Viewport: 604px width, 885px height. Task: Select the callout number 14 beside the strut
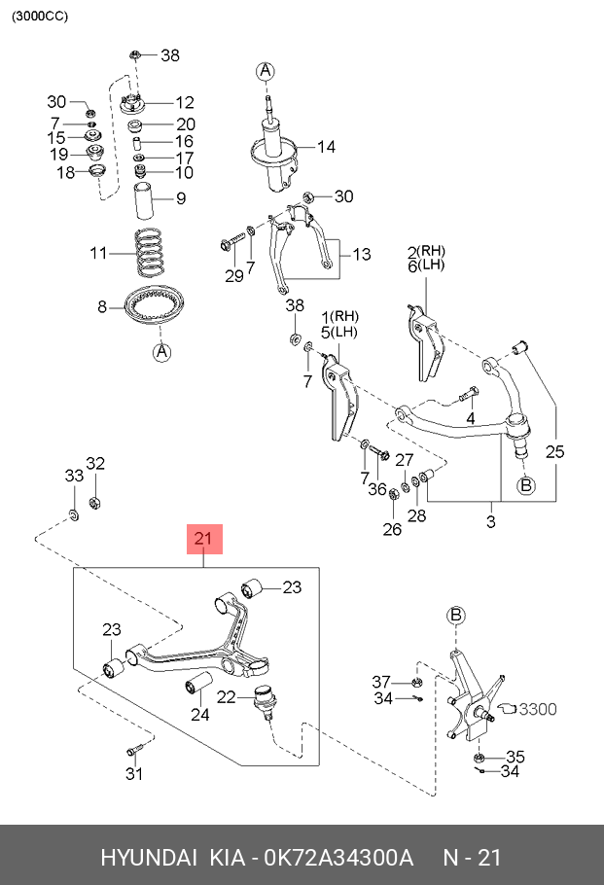pyautogui.click(x=325, y=147)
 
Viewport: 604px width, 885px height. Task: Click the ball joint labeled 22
pyautogui.click(x=263, y=699)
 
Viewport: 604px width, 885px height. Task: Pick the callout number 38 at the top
pyautogui.click(x=170, y=55)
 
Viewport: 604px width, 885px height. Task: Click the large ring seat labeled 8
pyautogui.click(x=153, y=309)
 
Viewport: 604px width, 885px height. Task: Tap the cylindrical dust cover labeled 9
pyautogui.click(x=145, y=200)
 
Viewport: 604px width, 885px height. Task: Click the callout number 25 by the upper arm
pyautogui.click(x=553, y=451)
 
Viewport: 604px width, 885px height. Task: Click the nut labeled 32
pyautogui.click(x=95, y=503)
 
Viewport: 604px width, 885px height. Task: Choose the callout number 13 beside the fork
pyautogui.click(x=361, y=255)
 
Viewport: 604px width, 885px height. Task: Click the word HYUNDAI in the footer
pyautogui.click(x=147, y=859)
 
